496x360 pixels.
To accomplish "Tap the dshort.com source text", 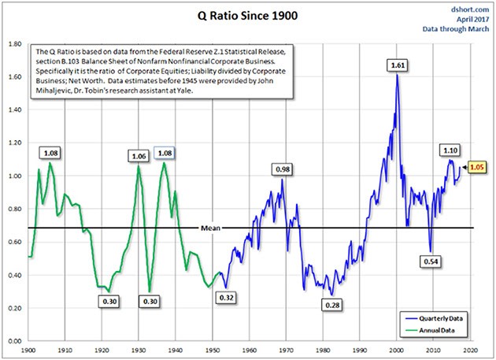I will point(468,6).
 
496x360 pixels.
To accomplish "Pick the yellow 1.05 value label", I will point(477,167).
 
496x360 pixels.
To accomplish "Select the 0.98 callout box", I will point(281,169).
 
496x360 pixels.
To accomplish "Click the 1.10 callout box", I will point(450,150).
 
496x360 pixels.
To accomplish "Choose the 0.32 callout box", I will point(226,299).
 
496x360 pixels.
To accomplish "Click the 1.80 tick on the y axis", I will point(14,44).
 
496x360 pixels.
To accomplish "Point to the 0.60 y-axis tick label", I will point(14,242).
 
